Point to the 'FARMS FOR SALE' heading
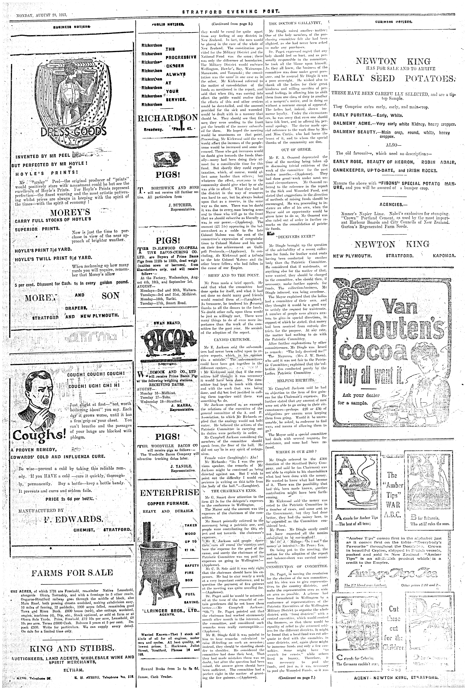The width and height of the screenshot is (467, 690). [x=72, y=564]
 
